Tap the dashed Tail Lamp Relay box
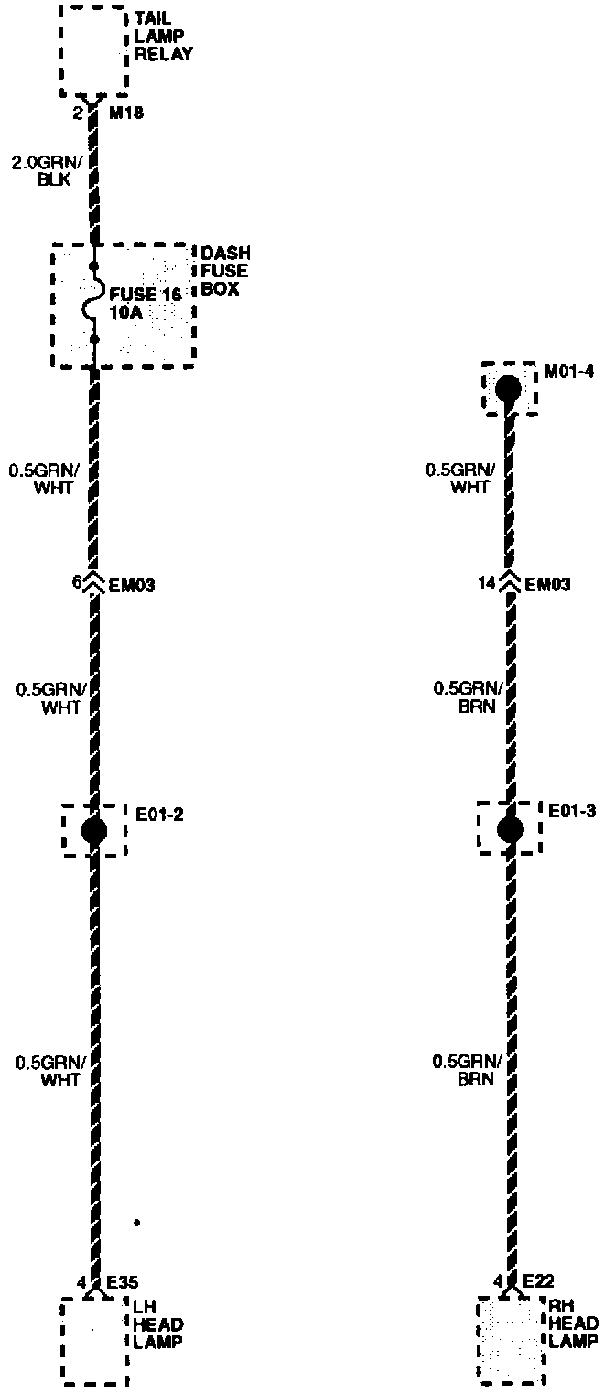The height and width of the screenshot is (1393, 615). pos(93,49)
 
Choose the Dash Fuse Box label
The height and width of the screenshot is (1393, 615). pos(223,270)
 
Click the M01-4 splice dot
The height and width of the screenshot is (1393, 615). pos(508,389)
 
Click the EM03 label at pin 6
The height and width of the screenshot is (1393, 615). pos(132,583)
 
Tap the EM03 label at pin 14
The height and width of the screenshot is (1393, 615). pos(547,583)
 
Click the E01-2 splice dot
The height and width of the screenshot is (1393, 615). pos(94,830)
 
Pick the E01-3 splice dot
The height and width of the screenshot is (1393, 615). pos(510,830)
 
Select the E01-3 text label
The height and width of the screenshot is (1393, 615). pos(572,812)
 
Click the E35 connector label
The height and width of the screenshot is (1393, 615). pos(123,1282)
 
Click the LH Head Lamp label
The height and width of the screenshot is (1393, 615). pos(158,1325)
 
